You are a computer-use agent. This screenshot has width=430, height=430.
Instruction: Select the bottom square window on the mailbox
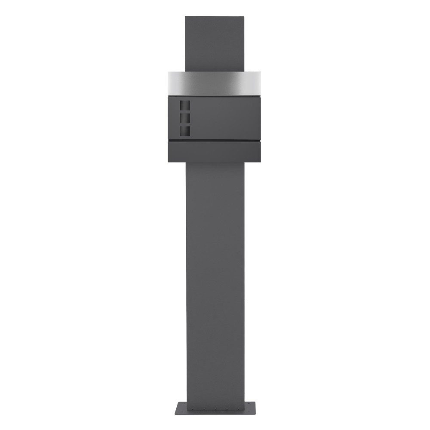pos(184,131)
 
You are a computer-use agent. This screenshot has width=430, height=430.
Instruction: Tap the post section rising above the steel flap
pos(215,43)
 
